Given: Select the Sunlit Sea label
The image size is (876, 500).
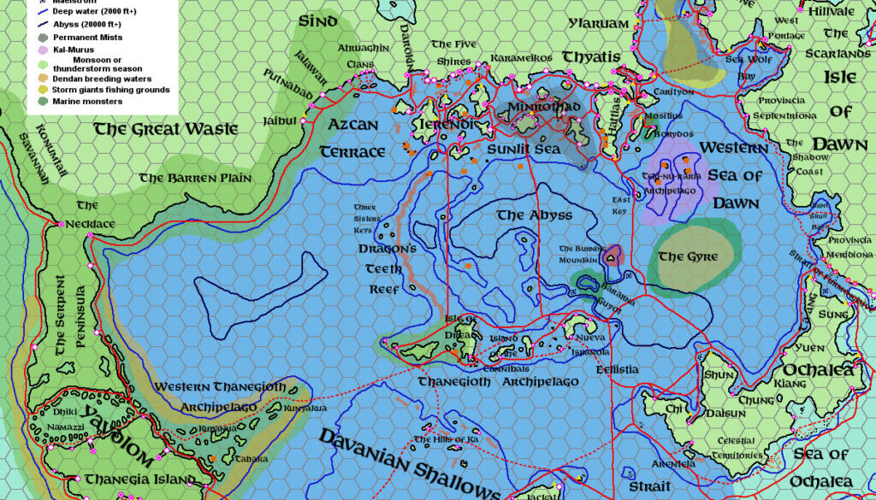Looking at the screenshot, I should [x=523, y=149].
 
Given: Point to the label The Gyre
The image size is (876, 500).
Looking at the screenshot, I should [x=688, y=256].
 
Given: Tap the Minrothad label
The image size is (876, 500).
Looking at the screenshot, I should [x=544, y=108].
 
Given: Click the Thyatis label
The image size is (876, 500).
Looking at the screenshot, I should [x=591, y=57].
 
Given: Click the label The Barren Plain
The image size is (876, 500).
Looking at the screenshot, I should [x=196, y=178].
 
